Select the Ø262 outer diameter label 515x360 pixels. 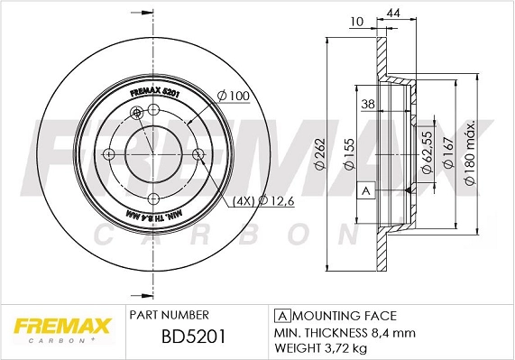point(318,156)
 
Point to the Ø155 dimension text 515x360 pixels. point(345,156)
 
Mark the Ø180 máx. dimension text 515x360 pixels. point(469,155)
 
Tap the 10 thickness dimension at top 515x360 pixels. point(356,21)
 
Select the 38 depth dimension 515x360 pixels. point(367,104)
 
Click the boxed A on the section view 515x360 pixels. point(366,191)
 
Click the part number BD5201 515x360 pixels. point(180,337)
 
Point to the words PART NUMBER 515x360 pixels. point(170,315)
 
